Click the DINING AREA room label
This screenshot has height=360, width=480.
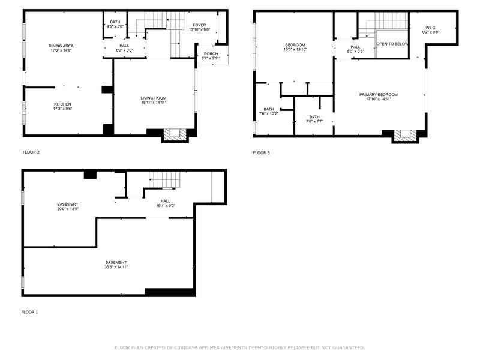[x=61, y=46]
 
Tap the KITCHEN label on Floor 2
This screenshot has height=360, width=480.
[x=62, y=104]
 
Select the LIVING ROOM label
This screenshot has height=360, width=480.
[x=154, y=98]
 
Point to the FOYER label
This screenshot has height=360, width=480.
[x=199, y=25]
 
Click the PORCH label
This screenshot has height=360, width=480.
[x=211, y=54]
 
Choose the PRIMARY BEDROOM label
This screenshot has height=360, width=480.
[x=379, y=95]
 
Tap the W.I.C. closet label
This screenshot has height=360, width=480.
[x=431, y=28]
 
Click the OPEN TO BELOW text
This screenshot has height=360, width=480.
[x=392, y=44]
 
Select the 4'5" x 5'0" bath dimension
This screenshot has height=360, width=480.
[x=115, y=26]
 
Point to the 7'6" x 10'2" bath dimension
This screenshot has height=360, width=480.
[x=268, y=113]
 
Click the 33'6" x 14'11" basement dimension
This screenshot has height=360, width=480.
[x=116, y=267]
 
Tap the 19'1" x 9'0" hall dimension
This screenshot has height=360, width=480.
[x=166, y=206]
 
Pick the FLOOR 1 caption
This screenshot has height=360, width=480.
[x=29, y=312]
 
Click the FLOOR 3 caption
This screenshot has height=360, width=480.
[x=262, y=153]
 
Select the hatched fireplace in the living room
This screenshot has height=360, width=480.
[x=175, y=134]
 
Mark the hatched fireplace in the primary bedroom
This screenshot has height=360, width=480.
[x=406, y=136]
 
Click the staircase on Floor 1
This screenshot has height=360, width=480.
[x=164, y=179]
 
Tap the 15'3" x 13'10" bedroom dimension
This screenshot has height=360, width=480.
[x=295, y=49]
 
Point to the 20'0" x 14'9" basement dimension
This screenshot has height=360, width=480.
[x=68, y=209]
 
